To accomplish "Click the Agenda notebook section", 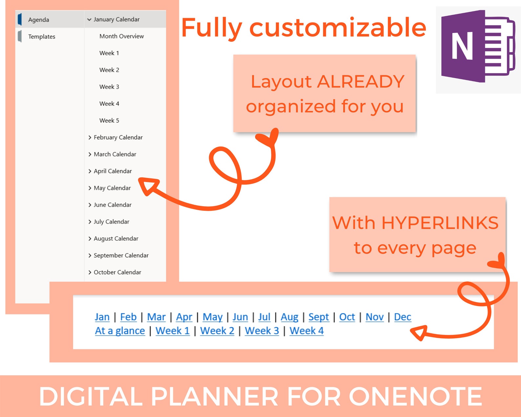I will click(38, 20).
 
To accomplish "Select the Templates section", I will click(41, 36).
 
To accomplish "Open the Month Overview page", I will click(121, 36).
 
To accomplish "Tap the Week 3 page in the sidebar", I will click(109, 87).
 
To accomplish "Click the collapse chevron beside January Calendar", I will click(89, 20).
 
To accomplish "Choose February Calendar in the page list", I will click(118, 137).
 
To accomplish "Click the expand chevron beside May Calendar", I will click(90, 188).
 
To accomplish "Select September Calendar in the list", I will click(121, 255).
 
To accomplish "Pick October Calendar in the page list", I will click(117, 272).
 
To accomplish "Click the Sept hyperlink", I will click(319, 317).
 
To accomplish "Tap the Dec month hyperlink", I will click(403, 317).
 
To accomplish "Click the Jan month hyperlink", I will click(102, 317).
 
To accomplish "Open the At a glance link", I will click(120, 331).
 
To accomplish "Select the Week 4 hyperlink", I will click(306, 331).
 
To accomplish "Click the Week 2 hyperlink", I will click(217, 331).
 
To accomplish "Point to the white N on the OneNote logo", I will click(462, 46).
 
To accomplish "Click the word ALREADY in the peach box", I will click(361, 82).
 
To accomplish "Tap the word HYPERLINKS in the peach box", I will click(440, 223).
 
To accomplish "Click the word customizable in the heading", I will click(338, 28).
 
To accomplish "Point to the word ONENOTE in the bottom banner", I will click(415, 397).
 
